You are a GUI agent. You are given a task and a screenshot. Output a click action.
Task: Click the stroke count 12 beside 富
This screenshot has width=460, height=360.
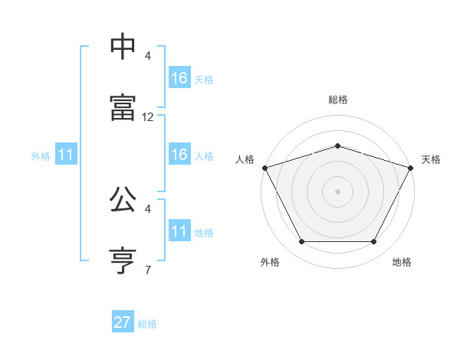[148, 117]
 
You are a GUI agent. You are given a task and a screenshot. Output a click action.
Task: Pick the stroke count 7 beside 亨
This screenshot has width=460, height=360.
[148, 270]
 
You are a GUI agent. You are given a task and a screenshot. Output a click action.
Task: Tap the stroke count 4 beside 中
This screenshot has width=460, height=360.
[148, 56]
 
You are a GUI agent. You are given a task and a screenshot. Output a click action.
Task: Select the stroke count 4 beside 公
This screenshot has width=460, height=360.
[148, 208]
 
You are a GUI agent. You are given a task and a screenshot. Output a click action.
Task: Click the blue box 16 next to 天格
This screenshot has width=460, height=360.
[179, 78]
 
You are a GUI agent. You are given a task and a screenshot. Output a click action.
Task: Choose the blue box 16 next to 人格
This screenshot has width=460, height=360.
[179, 155]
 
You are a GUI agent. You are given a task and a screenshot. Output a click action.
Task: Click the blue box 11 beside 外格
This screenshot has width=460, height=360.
[65, 155]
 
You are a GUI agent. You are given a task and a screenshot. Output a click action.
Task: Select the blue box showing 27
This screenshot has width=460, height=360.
[123, 322]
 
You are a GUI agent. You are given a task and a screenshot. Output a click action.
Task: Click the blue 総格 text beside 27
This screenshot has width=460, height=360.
[147, 324]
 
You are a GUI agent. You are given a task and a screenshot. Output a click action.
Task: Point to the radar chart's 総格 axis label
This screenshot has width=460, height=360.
[338, 100]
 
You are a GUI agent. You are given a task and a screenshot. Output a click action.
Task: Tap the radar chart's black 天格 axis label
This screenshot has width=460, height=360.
[431, 159]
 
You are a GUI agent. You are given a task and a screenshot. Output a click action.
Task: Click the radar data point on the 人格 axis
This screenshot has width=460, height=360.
[264, 168]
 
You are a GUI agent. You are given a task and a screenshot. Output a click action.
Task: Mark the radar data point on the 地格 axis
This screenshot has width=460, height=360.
[374, 242]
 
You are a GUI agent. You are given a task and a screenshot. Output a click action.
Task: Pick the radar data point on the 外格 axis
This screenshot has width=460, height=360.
[301, 242]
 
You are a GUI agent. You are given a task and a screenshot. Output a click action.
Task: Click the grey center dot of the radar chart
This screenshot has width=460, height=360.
[337, 191]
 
